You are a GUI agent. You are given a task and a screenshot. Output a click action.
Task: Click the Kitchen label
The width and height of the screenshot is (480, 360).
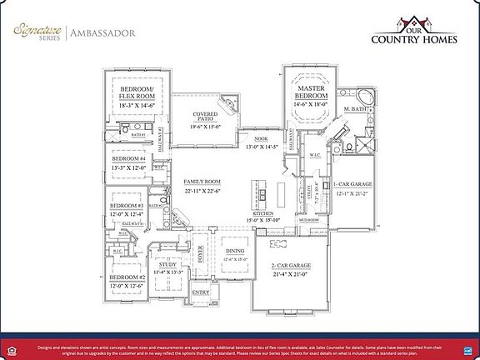(263, 217)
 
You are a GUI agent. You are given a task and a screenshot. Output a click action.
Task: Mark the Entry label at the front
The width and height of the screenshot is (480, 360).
(201, 293)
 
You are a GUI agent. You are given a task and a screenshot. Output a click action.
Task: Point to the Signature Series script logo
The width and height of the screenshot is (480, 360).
(38, 32)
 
